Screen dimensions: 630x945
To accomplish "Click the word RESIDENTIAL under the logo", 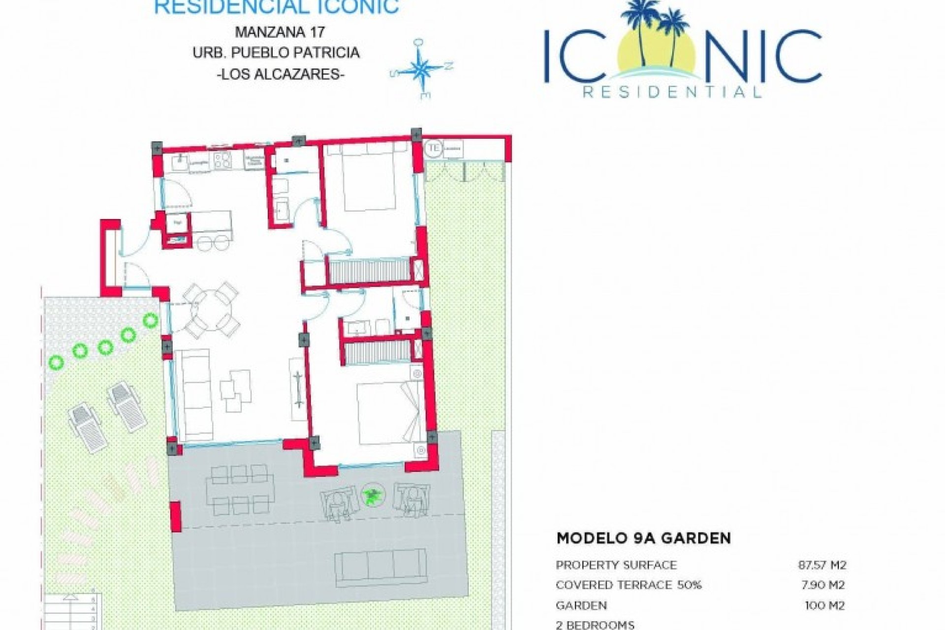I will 672,92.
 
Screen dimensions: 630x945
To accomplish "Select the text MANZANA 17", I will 280,32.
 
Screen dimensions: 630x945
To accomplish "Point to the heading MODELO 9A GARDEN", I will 643,538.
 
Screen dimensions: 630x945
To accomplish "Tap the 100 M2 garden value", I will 824,605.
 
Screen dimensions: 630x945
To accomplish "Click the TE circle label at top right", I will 434,148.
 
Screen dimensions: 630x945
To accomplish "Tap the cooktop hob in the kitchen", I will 223,160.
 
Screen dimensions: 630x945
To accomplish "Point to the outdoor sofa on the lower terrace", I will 380,566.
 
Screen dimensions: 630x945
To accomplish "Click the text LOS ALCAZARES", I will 280,75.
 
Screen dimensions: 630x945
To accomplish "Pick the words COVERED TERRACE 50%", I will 629,585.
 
